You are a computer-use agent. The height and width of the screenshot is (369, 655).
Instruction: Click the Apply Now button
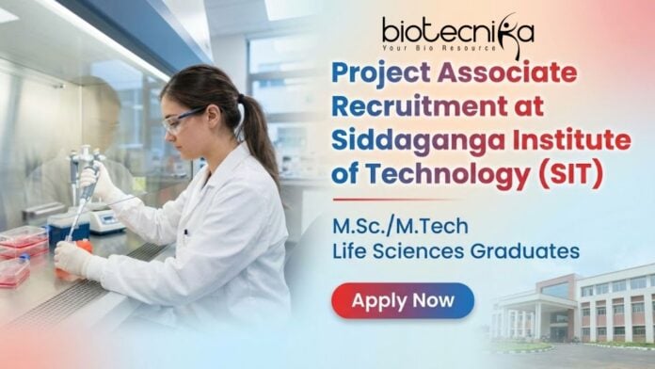tap(403, 300)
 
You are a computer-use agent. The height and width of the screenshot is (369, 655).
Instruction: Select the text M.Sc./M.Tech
tap(391, 227)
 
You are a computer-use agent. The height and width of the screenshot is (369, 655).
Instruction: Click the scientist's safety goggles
tap(184, 120)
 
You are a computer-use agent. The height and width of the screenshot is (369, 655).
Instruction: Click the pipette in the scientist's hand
tap(87, 188)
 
